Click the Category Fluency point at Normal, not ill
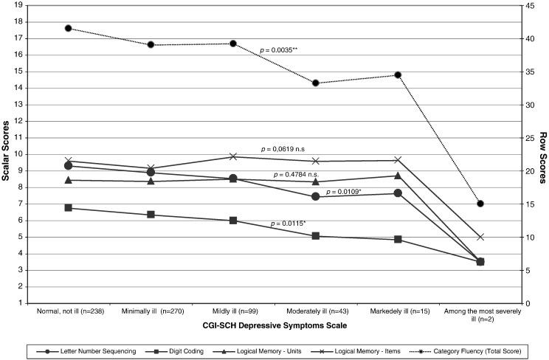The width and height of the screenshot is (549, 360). (68, 28)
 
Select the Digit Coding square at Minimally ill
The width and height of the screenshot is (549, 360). (151, 215)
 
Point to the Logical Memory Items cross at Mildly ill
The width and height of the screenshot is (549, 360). (233, 156)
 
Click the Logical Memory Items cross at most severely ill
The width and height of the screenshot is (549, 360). (480, 237)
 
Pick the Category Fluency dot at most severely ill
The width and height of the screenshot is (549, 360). (480, 204)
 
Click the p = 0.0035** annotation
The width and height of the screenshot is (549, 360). (284, 50)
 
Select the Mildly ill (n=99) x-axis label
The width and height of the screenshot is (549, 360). (233, 311)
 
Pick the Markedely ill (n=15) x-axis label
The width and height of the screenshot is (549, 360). (398, 311)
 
